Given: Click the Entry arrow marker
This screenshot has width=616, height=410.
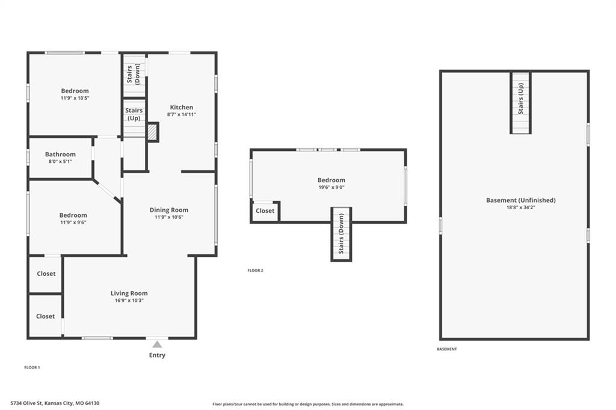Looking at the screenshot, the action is (157, 344).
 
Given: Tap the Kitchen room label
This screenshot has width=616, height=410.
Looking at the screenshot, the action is (182, 107).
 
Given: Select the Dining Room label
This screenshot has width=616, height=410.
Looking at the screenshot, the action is (169, 210).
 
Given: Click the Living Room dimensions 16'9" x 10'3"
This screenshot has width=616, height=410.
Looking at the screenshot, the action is (129, 301).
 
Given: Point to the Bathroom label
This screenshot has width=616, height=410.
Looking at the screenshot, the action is (60, 155).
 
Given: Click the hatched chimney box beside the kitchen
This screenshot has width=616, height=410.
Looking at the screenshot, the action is (152, 132).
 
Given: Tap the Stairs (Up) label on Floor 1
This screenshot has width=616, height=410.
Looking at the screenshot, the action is (134, 114).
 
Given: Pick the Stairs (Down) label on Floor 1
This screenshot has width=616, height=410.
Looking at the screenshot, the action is (133, 74).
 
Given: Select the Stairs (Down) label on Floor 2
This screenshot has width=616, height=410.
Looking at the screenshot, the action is (341, 233).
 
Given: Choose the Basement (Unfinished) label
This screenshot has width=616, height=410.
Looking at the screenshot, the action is (521, 200).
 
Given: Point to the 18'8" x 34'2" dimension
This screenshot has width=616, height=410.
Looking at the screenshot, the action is (521, 207).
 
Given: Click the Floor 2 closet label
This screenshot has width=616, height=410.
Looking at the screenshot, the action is (265, 211).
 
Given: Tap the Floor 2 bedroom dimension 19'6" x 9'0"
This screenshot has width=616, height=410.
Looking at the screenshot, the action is (331, 188).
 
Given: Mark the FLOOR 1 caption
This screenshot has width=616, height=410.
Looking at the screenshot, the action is (32, 367).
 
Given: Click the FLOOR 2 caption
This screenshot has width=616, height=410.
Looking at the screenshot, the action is (255, 271).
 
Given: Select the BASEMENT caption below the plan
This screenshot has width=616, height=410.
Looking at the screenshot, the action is (447, 349).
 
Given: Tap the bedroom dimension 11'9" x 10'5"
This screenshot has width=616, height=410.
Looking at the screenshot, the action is (75, 98).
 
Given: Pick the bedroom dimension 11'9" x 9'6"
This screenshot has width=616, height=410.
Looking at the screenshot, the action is (73, 222).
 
